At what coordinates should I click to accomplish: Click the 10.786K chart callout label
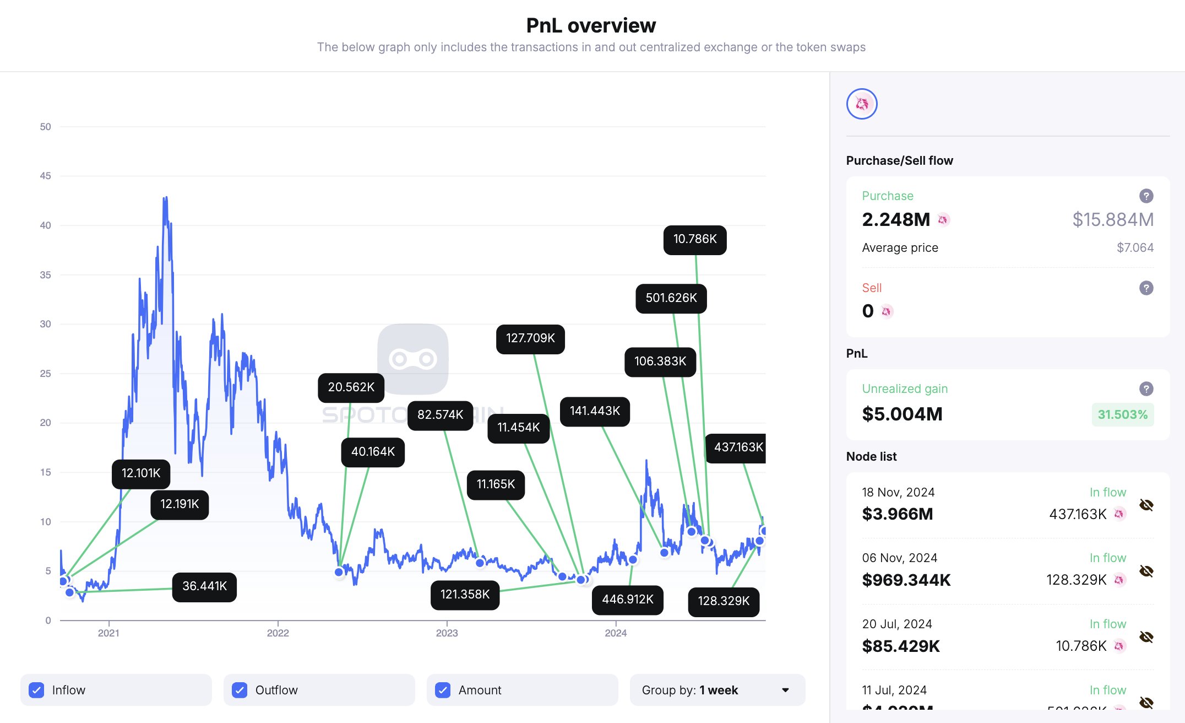(695, 240)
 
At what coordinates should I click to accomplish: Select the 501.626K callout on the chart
(671, 299)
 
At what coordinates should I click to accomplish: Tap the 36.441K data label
(204, 587)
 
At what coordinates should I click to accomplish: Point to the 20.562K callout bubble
(351, 388)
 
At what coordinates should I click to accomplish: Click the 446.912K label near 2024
(627, 600)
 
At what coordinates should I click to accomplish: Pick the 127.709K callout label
(530, 339)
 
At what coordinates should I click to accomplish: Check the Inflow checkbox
(37, 690)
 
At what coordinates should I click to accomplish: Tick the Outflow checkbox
(240, 690)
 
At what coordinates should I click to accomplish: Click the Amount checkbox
(443, 690)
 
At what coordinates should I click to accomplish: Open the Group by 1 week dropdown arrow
(785, 690)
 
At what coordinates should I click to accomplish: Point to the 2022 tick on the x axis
(278, 633)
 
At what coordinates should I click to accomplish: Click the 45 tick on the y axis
(45, 176)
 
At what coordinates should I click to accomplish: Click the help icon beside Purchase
(1146, 196)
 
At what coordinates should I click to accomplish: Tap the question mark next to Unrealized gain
(1146, 389)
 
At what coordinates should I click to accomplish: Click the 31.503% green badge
(1122, 415)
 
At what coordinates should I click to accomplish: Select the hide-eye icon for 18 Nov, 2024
(1146, 505)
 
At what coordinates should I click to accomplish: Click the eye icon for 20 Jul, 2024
(1146, 637)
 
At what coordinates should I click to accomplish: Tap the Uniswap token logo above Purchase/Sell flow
(862, 104)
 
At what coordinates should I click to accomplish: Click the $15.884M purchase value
(1112, 220)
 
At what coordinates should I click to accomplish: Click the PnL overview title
(591, 26)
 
